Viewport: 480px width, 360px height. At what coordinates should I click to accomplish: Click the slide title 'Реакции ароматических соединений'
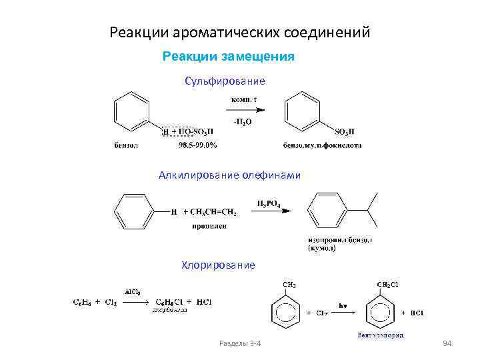pyautogui.click(x=239, y=32)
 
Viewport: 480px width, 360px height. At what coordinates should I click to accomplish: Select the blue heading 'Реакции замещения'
pyautogui.click(x=229, y=57)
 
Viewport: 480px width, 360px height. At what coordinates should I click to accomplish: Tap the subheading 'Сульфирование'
pyautogui.click(x=225, y=81)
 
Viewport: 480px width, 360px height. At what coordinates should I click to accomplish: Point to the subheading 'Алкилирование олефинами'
pyautogui.click(x=229, y=175)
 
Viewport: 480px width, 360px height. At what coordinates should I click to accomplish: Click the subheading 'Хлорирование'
pyautogui.click(x=218, y=265)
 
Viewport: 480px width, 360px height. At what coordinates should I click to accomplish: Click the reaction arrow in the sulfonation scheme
pyautogui.click(x=247, y=111)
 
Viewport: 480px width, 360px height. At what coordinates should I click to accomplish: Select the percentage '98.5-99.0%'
pyautogui.click(x=197, y=145)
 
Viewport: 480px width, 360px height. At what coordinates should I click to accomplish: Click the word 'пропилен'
pyautogui.click(x=209, y=226)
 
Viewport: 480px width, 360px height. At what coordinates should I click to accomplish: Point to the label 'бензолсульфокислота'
pyautogui.click(x=323, y=145)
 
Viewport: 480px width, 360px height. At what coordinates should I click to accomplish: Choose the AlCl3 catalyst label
pyautogui.click(x=131, y=291)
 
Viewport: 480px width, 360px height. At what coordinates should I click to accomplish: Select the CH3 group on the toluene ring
pyautogui.click(x=290, y=285)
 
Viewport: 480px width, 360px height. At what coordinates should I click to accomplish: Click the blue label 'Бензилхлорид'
pyautogui.click(x=381, y=335)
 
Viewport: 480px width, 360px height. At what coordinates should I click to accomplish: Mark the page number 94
pyautogui.click(x=447, y=343)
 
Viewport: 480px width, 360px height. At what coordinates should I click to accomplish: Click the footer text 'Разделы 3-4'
pyautogui.click(x=240, y=343)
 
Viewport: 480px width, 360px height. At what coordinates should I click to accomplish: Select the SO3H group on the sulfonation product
pyautogui.click(x=345, y=131)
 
